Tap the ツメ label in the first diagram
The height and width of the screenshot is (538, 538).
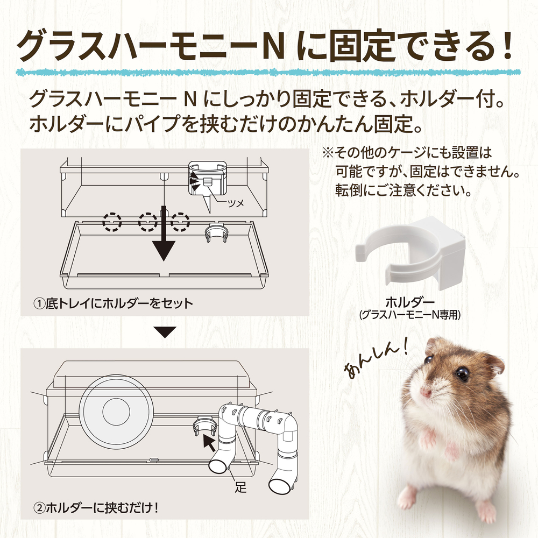coord(236,203)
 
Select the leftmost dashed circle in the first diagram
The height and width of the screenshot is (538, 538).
coord(112,222)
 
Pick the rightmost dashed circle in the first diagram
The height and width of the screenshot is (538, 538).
coord(180,222)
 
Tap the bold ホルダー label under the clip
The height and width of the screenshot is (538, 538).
coord(410,302)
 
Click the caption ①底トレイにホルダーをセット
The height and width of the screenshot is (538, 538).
coord(113,303)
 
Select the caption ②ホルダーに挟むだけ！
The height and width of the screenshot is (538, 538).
coord(96,508)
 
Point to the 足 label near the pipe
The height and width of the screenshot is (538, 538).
coord(240,487)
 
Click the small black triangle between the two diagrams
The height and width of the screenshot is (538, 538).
coord(165,332)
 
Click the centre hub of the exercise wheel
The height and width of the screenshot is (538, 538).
coord(116,412)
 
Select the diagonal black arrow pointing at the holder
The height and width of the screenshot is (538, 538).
coord(209,442)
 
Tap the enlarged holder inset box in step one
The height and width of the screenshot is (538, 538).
coord(207,178)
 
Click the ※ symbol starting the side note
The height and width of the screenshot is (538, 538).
coord(327,153)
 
